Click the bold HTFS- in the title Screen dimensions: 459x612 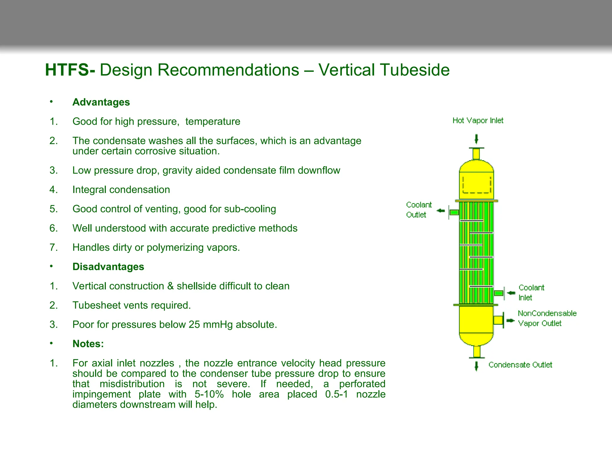coord(70,70)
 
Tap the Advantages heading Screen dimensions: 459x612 coord(101,102)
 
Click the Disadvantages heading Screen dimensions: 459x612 coord(108,267)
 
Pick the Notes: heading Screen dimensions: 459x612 coord(88,344)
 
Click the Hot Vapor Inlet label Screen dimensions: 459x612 coord(478,120)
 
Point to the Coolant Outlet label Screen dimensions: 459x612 coord(418,209)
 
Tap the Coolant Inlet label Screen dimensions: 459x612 coord(531,292)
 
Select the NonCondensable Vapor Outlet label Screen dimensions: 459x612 coord(547,318)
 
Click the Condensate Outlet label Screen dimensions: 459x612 coord(520,365)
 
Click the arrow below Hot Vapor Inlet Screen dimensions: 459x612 coord(476,139)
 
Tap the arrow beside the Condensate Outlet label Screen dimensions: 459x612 coord(476,366)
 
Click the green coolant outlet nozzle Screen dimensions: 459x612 coord(454,212)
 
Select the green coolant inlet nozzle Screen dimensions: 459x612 coord(498,293)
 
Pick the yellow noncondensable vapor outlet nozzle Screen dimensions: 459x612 coord(498,320)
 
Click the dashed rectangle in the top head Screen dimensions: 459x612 coord(477,185)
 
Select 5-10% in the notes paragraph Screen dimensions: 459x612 coord(209,394)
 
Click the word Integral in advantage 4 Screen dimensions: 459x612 coord(89,189)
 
